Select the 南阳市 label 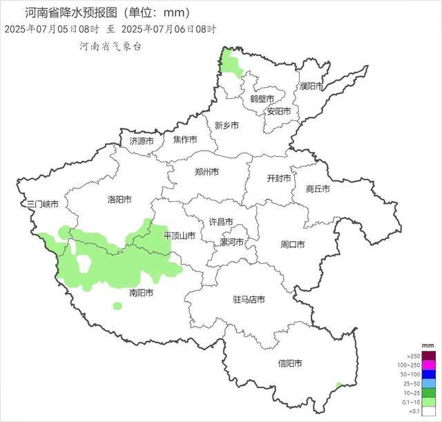[x=142, y=293]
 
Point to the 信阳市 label [x=290, y=363]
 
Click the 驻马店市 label [x=249, y=299]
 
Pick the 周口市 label [x=293, y=244]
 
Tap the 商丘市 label [x=318, y=189]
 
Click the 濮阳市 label [x=311, y=86]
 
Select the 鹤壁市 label [x=262, y=99]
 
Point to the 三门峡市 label [x=41, y=205]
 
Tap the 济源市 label [x=143, y=141]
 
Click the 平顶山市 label [x=180, y=236]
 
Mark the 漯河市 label [x=232, y=242]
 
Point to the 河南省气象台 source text [x=110, y=47]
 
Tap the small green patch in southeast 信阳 [x=338, y=385]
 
